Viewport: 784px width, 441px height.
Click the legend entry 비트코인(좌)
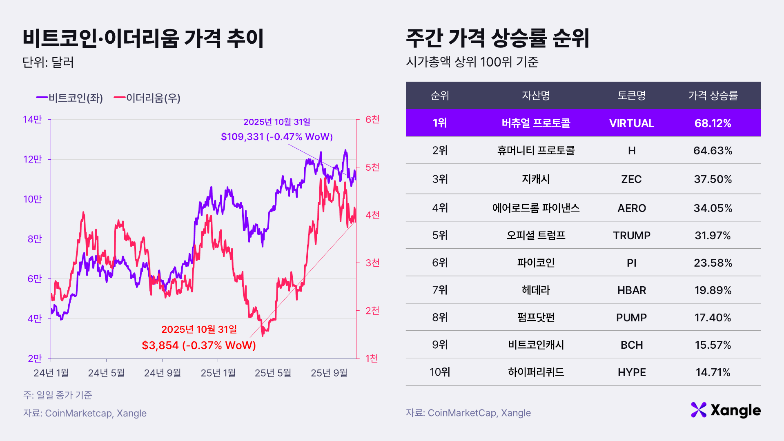70,98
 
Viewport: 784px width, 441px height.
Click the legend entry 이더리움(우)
147,98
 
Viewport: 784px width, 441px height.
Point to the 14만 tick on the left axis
32,120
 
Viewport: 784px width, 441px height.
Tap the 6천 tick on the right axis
372,120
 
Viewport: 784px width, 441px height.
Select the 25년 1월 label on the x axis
218,373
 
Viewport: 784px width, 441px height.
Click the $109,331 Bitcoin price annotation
276,137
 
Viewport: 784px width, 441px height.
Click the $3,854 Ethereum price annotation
199,345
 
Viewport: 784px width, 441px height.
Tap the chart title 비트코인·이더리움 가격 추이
143,38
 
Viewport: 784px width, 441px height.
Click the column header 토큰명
631,96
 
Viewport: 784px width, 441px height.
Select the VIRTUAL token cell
631,123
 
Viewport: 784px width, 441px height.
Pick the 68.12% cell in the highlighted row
713,123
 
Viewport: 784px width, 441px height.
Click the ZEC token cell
631,179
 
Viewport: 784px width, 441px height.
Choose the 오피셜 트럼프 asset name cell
536,236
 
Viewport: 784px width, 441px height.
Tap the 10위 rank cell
440,372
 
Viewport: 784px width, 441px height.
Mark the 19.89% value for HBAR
713,290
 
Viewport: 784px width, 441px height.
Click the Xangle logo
726,410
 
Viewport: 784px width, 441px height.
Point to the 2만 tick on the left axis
35,359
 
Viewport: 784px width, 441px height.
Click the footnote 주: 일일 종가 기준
58,395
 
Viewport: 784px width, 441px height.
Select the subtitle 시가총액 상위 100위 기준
472,62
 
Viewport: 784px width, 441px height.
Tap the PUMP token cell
631,318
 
